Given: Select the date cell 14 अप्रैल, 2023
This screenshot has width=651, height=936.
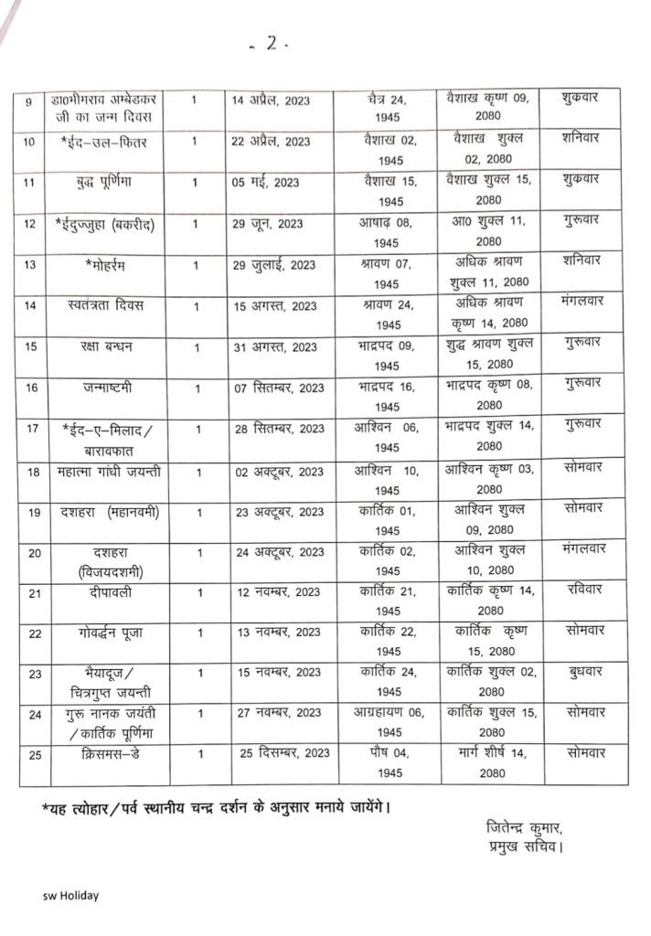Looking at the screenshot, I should (x=271, y=101).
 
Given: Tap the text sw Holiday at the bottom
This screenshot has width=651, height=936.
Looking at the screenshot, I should (x=70, y=896).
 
